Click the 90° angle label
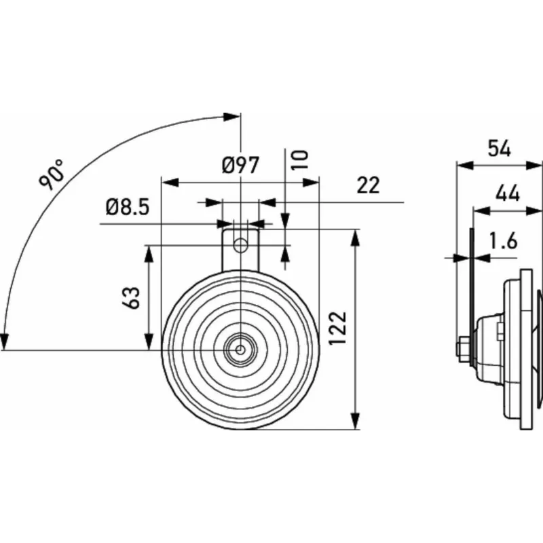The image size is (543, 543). (x=52, y=174)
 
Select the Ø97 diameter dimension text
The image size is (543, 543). (x=240, y=165)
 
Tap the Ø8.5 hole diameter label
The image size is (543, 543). (x=128, y=208)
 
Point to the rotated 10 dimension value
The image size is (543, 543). (x=300, y=160)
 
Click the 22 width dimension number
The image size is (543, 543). (x=368, y=185)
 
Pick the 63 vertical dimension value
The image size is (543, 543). (x=131, y=297)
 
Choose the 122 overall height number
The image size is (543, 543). (x=337, y=328)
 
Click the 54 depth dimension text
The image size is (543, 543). (x=499, y=149)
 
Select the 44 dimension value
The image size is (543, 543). (x=507, y=193)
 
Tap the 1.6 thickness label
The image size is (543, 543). (x=503, y=241)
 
